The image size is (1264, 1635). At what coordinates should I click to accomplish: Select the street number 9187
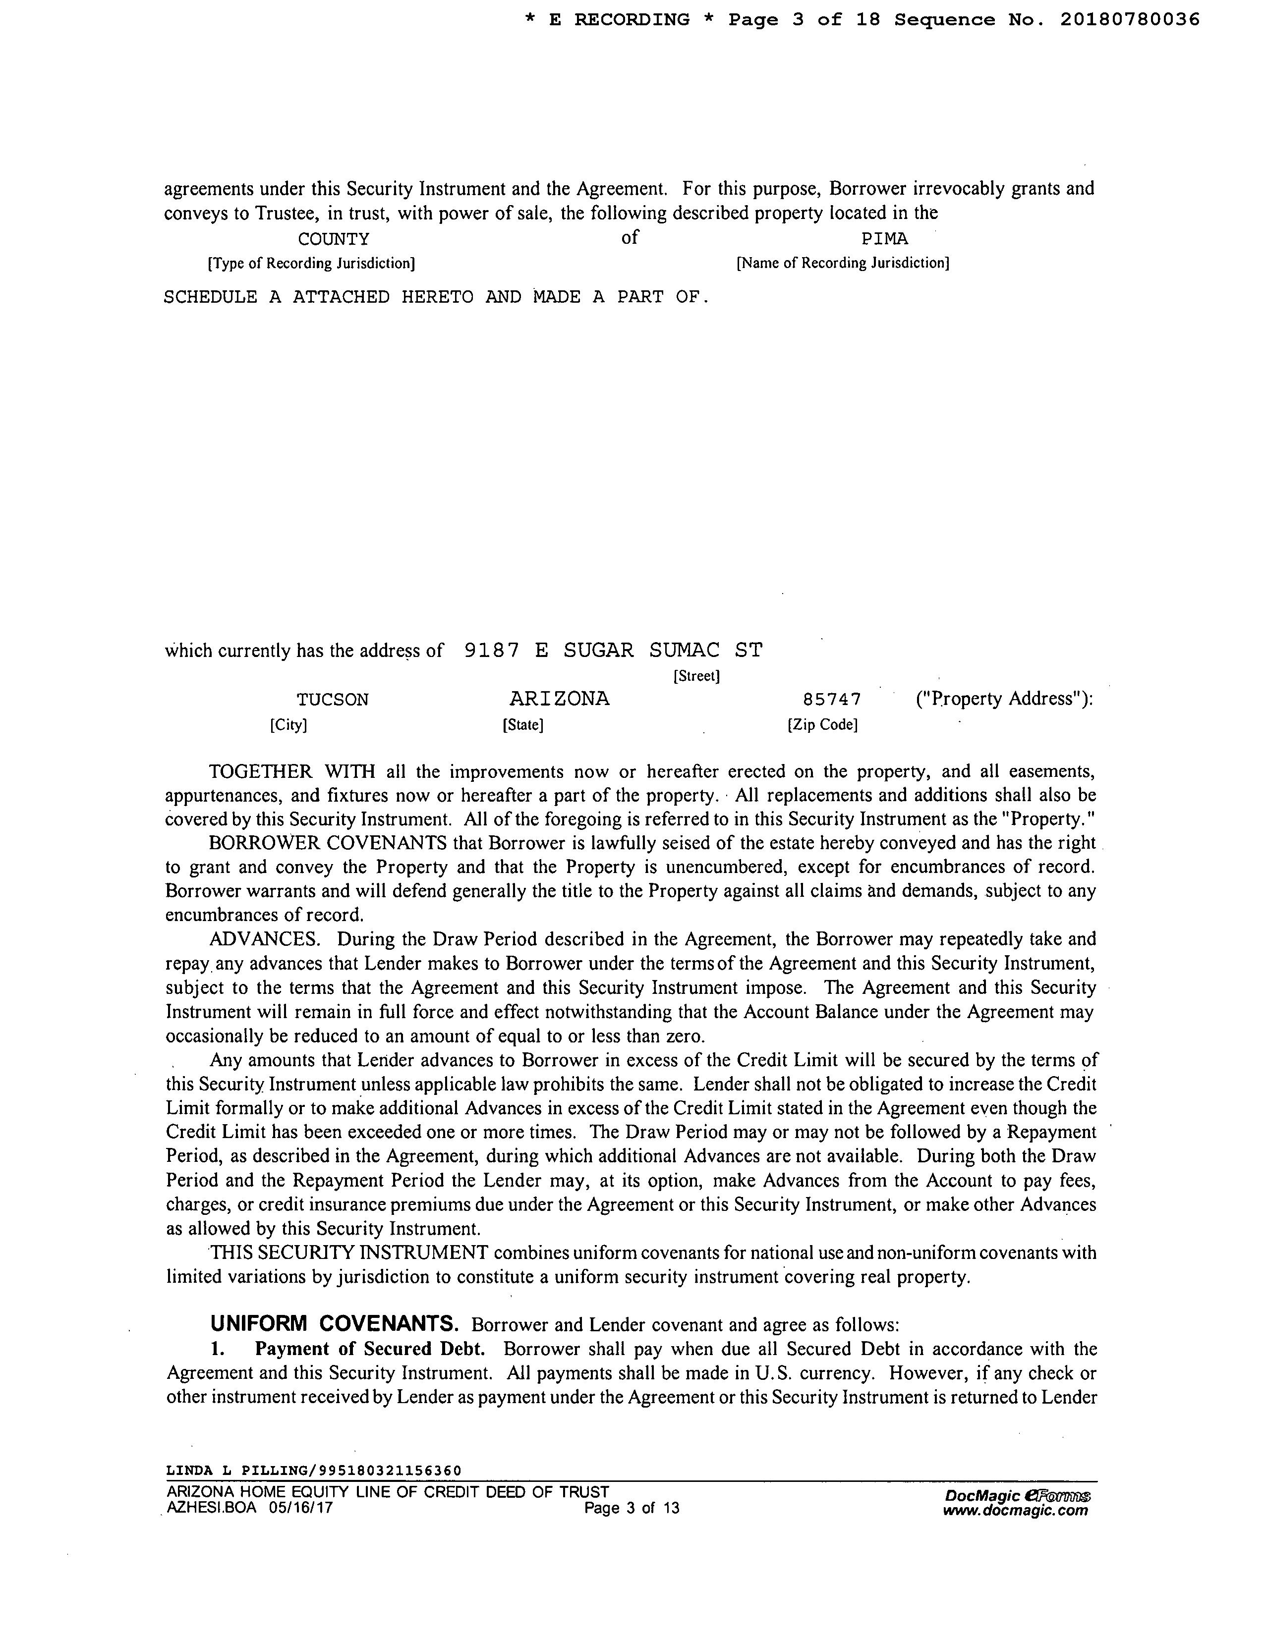click(x=491, y=651)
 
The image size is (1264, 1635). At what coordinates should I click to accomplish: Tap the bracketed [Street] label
click(x=696, y=676)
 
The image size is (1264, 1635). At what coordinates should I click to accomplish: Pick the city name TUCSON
click(x=333, y=700)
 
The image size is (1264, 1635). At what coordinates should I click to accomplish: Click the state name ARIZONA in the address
click(x=559, y=699)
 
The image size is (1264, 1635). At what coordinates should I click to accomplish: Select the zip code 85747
click(x=831, y=700)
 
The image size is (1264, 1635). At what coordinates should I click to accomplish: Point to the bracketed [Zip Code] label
click(x=822, y=725)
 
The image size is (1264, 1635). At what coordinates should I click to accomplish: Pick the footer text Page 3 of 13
click(x=631, y=1508)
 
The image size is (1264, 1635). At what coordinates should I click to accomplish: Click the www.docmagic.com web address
click(x=1015, y=1510)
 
